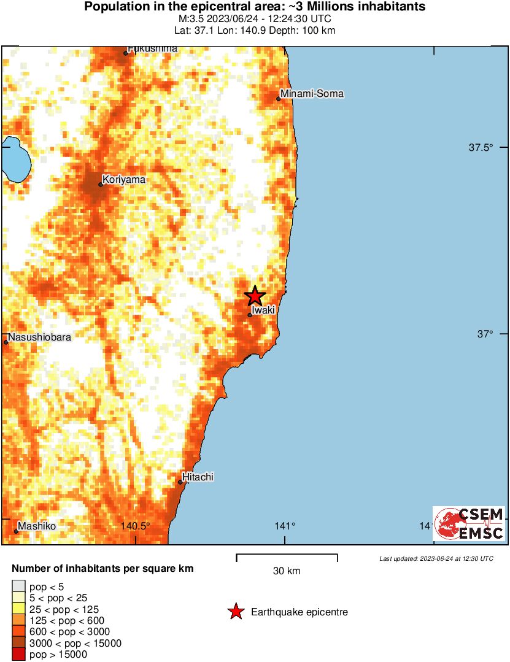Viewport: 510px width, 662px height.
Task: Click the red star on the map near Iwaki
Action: (255, 296)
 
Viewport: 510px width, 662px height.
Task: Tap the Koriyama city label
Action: (124, 179)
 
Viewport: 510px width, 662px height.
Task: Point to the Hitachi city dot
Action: (180, 482)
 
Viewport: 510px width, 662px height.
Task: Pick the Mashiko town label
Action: (37, 526)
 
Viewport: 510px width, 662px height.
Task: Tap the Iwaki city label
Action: (263, 310)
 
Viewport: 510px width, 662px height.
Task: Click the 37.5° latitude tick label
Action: (481, 147)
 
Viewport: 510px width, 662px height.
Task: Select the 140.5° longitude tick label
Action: (135, 526)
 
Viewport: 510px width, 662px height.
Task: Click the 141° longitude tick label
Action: (285, 526)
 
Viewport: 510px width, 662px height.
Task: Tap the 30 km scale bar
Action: (287, 558)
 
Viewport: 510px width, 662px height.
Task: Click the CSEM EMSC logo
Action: (469, 523)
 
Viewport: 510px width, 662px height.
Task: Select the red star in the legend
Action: (235, 612)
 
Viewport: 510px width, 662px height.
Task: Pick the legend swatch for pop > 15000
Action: (18, 655)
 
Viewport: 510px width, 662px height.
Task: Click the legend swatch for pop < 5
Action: (18, 587)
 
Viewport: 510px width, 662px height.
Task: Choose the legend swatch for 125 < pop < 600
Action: (18, 621)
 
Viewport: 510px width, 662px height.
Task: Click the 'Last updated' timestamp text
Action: (436, 559)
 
